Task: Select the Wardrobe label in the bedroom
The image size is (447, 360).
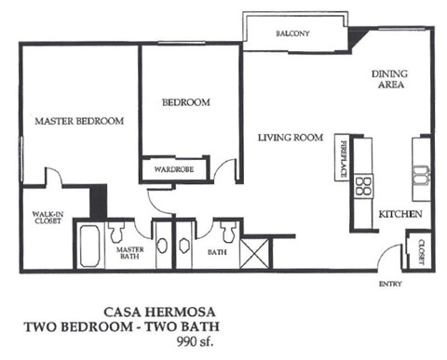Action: [172, 171]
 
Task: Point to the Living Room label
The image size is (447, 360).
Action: [291, 139]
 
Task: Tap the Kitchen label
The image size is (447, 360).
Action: [401, 215]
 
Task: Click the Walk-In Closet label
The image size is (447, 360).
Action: [47, 218]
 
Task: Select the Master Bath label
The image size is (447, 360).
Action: [129, 254]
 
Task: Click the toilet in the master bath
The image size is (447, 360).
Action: [118, 232]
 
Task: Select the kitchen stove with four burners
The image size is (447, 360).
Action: [364, 185]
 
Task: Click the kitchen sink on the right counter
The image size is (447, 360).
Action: [421, 176]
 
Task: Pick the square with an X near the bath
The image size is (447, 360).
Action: [253, 253]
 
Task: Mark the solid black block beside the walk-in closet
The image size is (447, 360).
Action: [98, 201]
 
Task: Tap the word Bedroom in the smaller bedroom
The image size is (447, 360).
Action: [186, 102]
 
